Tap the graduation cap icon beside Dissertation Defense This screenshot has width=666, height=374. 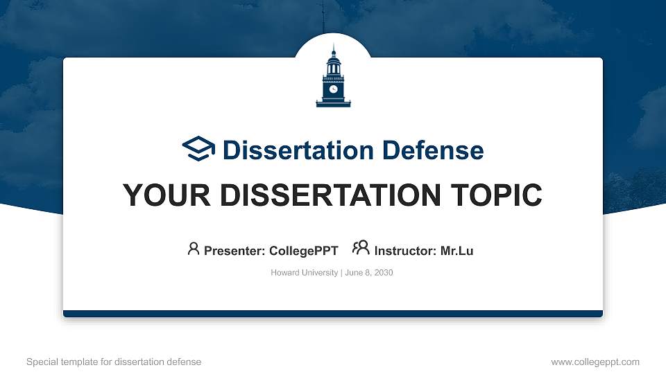point(199,149)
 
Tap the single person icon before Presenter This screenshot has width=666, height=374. point(194,248)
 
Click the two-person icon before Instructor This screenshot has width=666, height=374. point(361,248)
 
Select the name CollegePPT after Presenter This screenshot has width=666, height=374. point(305,251)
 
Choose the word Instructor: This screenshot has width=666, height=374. point(405,251)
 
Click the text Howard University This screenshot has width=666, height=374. point(304,273)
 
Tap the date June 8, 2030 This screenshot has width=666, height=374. point(368,273)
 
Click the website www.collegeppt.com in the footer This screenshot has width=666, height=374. point(595,362)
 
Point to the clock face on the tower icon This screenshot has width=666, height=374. point(333,89)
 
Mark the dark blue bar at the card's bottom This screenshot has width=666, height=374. point(333,314)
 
